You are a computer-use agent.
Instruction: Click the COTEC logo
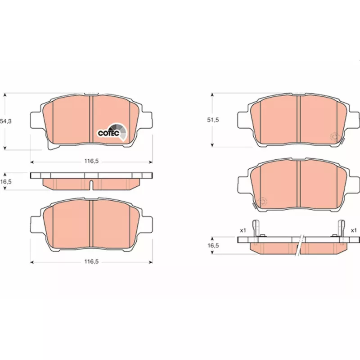112,132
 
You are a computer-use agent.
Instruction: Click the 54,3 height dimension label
5,121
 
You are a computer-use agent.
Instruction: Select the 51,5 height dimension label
213,120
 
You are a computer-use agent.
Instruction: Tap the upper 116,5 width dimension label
91,161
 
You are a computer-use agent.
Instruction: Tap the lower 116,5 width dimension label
91,261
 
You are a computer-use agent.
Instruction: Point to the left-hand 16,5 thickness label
5,182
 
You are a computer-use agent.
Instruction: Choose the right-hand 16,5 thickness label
213,246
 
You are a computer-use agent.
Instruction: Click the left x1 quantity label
243,230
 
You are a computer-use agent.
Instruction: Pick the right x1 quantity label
354,230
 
